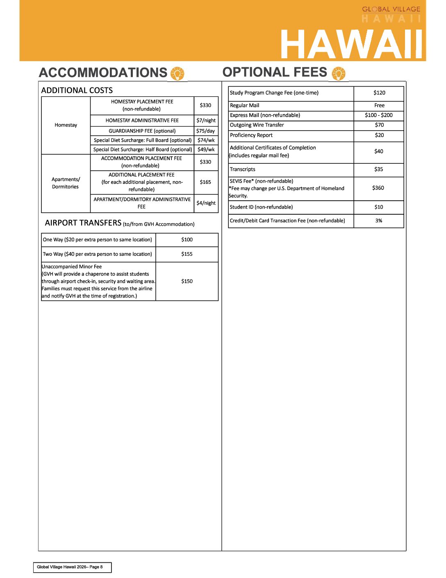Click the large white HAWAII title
pos(351,45)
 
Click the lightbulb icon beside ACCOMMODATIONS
pos(177,73)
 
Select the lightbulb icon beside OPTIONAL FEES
pos(339,73)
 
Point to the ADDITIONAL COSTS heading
pos(77,90)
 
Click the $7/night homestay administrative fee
pos(206,120)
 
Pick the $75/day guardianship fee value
pos(205,131)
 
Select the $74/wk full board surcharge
pos(206,140)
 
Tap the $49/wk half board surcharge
pos(206,149)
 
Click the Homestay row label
pos(66,125)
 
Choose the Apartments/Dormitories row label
pos(66,183)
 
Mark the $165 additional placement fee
pos(205,182)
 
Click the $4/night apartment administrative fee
pos(206,203)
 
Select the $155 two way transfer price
pos(187,254)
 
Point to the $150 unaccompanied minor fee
pos(187,281)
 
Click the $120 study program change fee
pos(379,93)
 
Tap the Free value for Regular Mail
pos(379,106)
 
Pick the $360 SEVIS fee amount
pos(378,188)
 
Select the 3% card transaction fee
pos(379,221)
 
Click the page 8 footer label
pos(70,567)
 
